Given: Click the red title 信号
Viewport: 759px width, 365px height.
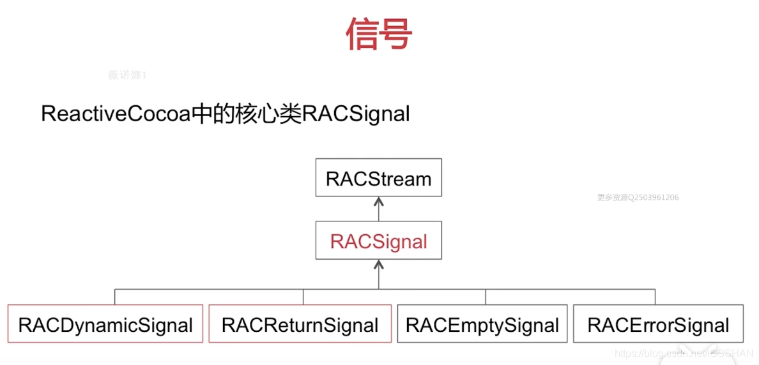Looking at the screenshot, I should point(379,34).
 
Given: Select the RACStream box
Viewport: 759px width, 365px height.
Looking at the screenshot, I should point(379,179).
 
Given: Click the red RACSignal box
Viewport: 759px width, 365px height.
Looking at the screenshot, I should point(379,242).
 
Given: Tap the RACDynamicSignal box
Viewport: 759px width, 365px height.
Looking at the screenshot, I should point(105,325).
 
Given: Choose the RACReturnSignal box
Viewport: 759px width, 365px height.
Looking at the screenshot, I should point(300,325).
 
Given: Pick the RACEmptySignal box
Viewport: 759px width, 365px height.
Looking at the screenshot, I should point(482,325).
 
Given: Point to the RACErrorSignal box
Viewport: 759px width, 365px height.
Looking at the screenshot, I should point(658,325).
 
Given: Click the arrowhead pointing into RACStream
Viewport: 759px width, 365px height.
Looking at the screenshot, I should point(379,202).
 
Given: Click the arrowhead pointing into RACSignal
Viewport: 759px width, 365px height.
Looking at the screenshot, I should point(379,265).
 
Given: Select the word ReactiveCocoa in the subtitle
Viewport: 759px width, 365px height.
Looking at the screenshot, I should point(116,114).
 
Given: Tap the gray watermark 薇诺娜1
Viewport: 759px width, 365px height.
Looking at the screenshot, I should point(128,75).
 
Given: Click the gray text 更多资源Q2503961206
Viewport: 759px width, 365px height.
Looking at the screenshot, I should point(638,197).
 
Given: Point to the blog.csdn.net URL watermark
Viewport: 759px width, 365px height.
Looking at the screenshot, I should point(684,354).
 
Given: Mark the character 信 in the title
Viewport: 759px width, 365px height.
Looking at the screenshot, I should point(363,34).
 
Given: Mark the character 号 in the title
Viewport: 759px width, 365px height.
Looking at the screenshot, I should point(396,34).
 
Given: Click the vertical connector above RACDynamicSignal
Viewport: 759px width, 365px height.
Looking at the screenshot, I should point(115,297).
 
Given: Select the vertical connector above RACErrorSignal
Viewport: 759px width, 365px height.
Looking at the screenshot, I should point(654,297).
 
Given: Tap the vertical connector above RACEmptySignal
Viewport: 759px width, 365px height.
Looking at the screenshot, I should point(486,297).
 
